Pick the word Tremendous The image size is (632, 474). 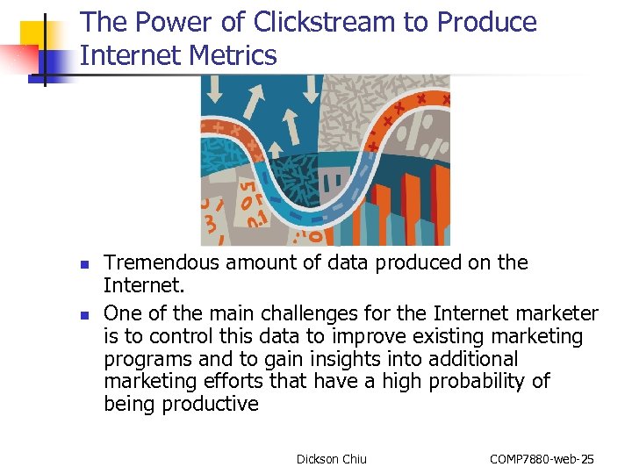[163, 262]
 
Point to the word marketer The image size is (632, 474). [557, 313]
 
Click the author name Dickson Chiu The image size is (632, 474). [332, 459]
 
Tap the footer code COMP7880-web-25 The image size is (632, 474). [542, 459]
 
